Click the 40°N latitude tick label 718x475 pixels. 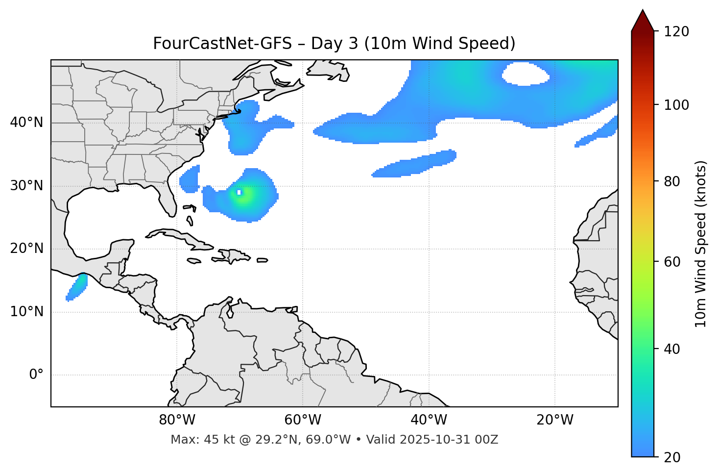pos(26,123)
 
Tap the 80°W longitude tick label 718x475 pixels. pos(177,420)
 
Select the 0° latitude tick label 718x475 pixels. pos(36,375)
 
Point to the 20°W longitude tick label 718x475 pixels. pos(555,420)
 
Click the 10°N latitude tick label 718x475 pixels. pos(26,312)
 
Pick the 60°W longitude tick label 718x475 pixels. pos(303,420)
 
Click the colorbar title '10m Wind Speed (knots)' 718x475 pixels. pos(701,244)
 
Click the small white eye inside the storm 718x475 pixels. pos(239,192)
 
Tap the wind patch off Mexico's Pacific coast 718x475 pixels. pos(77,288)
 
